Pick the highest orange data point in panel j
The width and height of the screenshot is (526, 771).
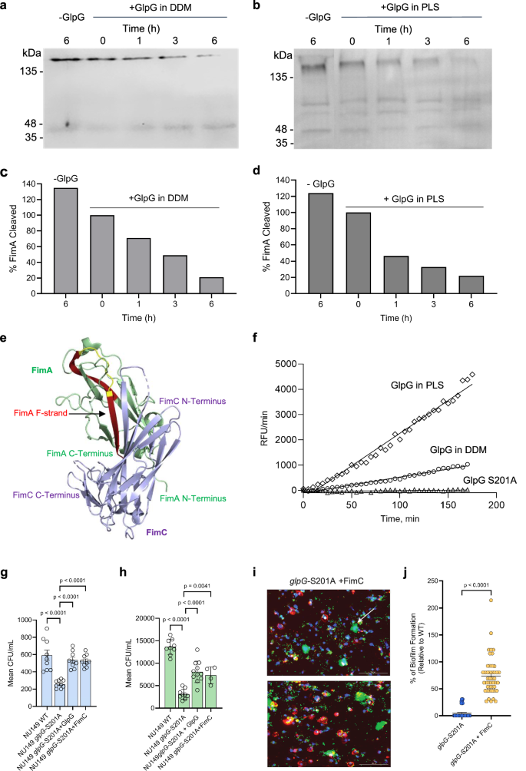pyautogui.click(x=488, y=600)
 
